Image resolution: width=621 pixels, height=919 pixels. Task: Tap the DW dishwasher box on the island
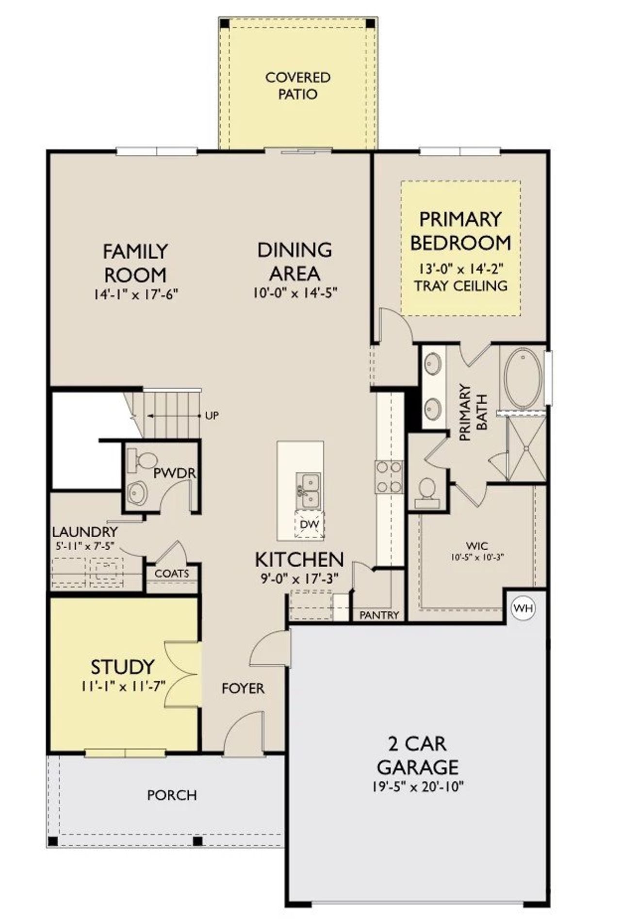coord(310,525)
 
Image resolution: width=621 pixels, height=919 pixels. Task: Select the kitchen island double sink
coord(309,490)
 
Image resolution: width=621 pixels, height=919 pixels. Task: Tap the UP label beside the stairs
coord(212,416)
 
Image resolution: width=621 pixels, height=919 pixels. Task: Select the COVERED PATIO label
coord(298,85)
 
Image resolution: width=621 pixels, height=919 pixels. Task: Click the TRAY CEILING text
coord(460,285)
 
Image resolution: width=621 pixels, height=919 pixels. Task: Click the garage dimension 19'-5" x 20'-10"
coord(418,787)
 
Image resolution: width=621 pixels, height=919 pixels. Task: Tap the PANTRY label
coord(379,615)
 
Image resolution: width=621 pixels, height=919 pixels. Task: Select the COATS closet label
coord(172,574)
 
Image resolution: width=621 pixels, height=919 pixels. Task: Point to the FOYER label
coord(243,688)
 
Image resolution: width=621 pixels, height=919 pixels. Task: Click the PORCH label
coord(172,795)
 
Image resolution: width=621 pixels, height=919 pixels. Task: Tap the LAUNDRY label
coord(85,532)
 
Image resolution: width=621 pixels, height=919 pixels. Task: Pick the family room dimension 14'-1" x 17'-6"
coord(136,295)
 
